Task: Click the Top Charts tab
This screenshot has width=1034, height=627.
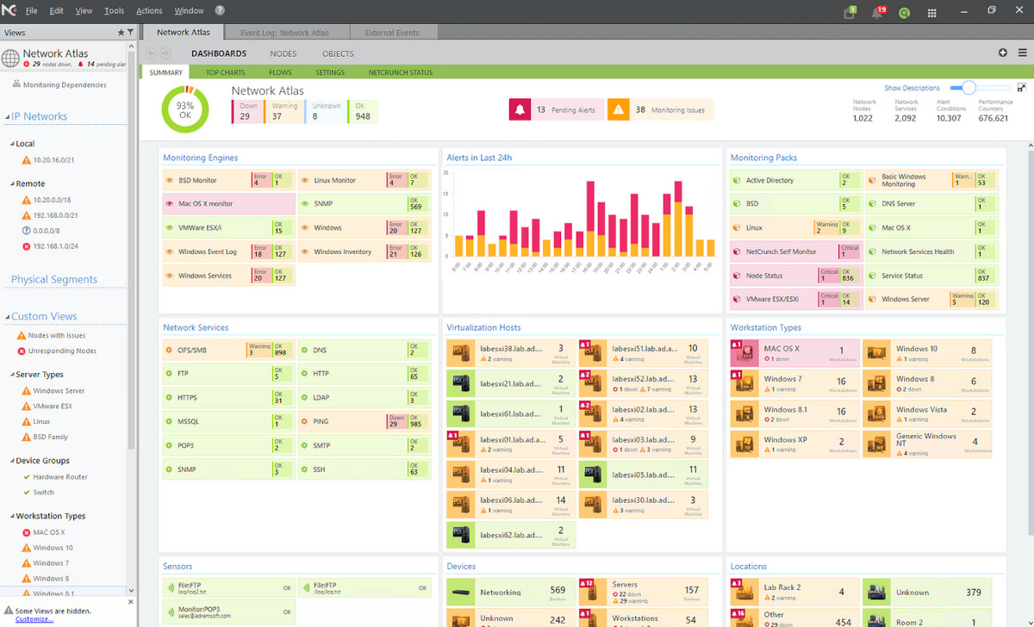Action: point(225,72)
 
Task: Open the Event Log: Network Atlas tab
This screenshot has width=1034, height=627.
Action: point(284,33)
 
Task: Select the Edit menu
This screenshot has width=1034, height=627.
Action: point(57,11)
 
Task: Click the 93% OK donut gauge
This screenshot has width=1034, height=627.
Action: point(185,109)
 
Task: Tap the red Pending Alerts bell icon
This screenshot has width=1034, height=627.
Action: point(520,109)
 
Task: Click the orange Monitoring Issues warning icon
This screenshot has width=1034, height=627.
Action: point(618,109)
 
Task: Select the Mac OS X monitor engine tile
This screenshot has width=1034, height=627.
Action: point(227,204)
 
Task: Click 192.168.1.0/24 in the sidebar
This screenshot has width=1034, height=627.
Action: point(56,246)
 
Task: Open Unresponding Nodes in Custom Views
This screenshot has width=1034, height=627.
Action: point(62,351)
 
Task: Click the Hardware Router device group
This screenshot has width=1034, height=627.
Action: point(60,477)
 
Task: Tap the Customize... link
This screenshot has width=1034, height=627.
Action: point(34,619)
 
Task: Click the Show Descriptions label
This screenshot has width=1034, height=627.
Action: point(912,88)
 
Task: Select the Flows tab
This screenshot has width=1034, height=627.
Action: point(280,72)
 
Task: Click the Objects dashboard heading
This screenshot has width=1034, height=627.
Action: point(338,53)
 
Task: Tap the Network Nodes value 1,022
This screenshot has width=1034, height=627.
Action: point(863,118)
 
